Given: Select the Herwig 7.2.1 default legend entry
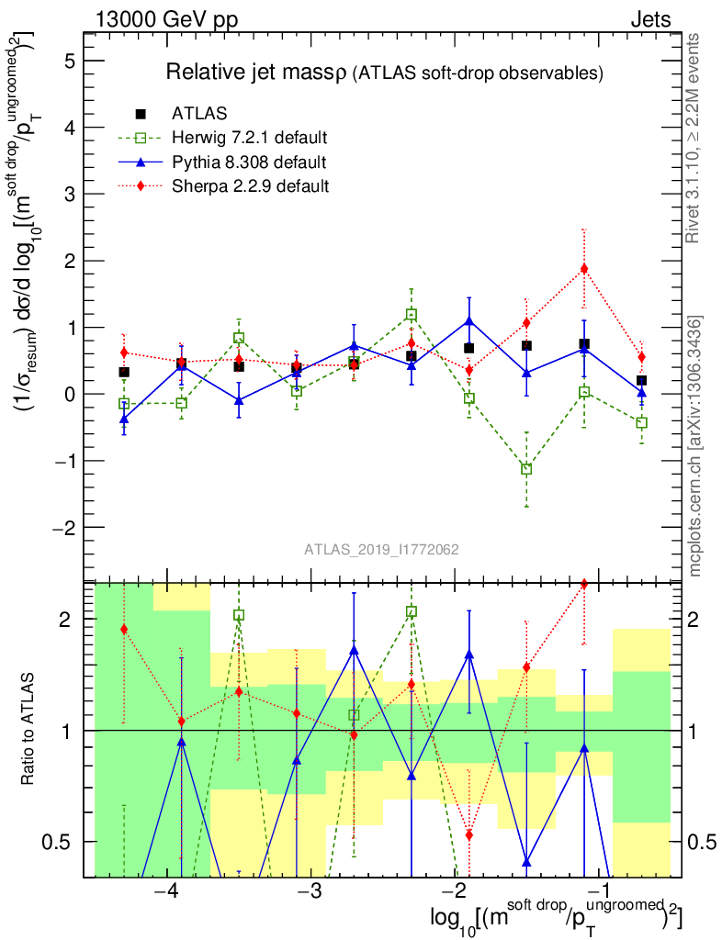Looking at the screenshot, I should (249, 139).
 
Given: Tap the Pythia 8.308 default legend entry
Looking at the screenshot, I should (249, 162).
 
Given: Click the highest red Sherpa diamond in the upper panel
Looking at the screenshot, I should (583, 268).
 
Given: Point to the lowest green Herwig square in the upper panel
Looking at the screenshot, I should (526, 469).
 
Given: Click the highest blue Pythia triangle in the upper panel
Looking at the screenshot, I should (469, 321).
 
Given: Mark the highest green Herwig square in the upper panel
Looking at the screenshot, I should (412, 314).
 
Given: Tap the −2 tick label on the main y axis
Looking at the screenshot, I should (63, 528).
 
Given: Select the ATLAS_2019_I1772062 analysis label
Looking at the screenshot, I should (381, 550).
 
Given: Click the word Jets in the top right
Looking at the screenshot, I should (649, 18).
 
